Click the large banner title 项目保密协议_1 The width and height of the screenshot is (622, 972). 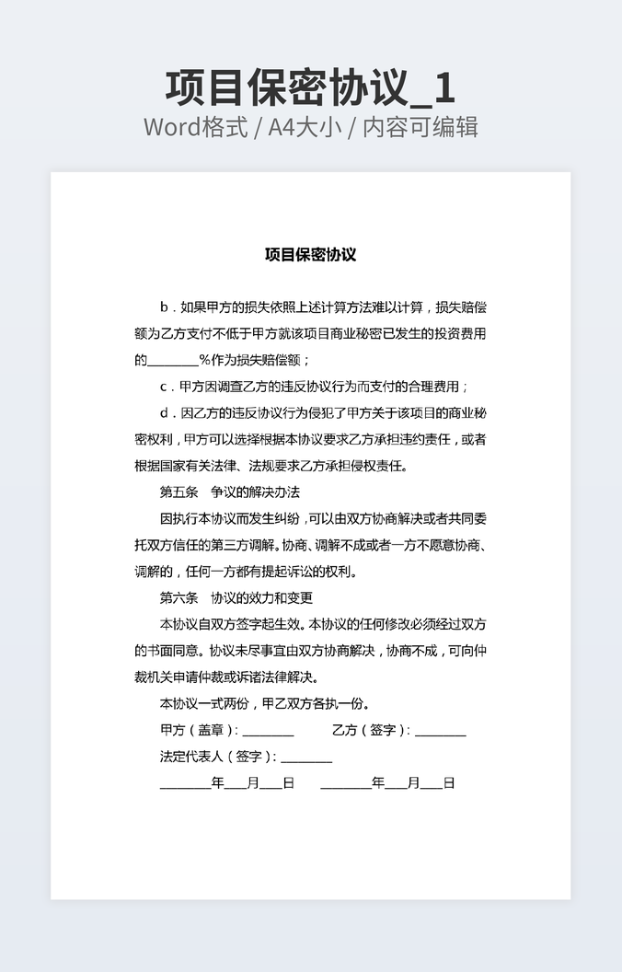pos(310,87)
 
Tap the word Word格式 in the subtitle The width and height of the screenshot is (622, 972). pos(195,127)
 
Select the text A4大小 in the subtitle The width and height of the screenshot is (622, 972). pos(305,127)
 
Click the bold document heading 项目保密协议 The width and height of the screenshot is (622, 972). pos(310,255)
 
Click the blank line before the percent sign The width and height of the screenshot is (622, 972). pos(173,360)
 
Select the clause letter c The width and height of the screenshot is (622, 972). pos(164,387)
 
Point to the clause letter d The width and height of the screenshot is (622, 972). pos(164,413)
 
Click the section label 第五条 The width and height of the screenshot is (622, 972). pos(179,492)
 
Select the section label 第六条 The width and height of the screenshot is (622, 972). pos(179,598)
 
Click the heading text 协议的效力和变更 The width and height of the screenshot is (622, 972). pos(261,598)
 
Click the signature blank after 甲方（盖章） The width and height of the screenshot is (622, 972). pos(268,732)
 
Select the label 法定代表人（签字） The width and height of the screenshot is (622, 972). pos(216,758)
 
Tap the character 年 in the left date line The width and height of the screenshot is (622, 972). pos(218,783)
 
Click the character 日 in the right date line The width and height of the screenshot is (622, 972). pos(449,783)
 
